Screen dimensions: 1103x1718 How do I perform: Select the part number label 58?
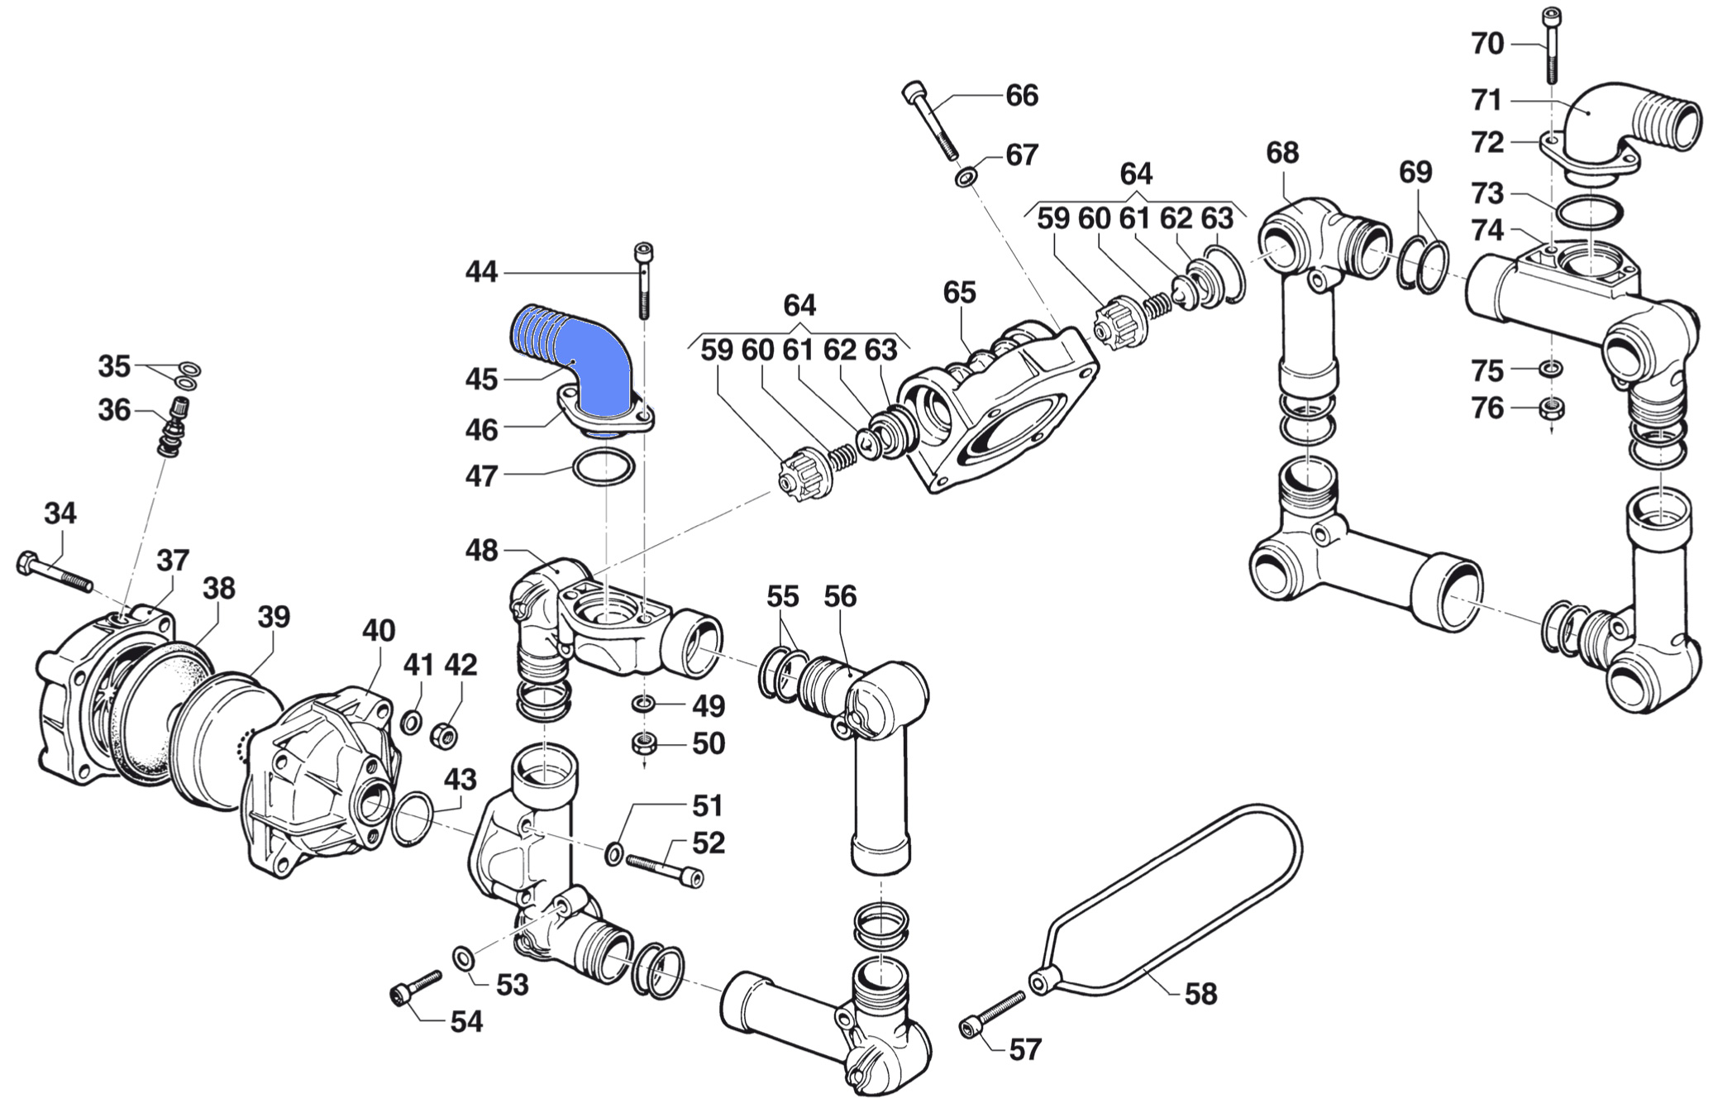pos(1200,993)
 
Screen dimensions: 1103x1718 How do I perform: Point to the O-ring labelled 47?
pos(604,469)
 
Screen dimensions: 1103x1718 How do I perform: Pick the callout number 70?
pos(1487,44)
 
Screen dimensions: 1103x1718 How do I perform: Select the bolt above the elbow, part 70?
pos(1551,45)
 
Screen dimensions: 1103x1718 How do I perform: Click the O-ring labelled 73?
pos(1588,212)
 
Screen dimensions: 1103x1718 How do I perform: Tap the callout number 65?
pos(959,292)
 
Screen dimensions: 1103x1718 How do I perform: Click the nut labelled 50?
pos(644,743)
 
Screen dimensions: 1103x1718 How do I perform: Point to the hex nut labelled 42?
pos(445,733)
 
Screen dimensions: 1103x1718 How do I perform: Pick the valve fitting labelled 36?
pos(175,426)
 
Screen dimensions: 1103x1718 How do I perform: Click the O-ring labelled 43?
pos(411,819)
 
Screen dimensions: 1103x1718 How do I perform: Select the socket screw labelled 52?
pos(664,869)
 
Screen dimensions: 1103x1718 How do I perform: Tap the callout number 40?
pos(379,630)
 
